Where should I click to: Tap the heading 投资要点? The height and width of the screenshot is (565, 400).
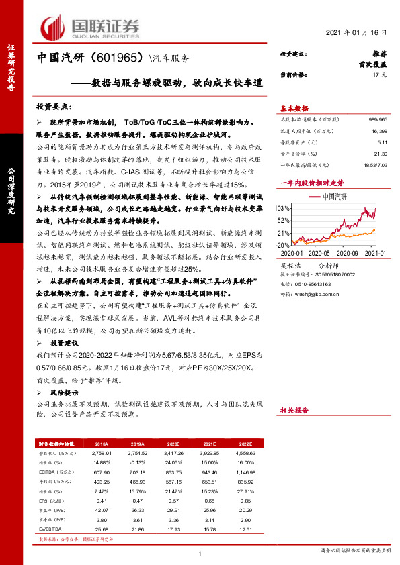58,107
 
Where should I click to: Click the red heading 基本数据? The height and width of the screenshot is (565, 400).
294,109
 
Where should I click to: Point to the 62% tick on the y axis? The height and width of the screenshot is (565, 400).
284,220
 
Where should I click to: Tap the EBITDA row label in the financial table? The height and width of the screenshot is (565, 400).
48,472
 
